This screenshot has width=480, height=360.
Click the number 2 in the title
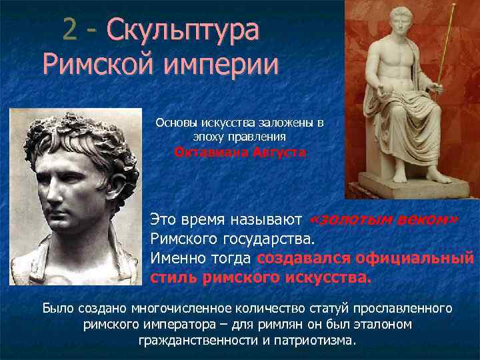point(71,30)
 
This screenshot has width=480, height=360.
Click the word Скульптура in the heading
point(181,31)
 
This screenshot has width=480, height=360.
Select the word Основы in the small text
point(174,123)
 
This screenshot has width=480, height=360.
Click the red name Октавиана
point(206,151)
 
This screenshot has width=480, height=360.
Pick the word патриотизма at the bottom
point(312,340)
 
